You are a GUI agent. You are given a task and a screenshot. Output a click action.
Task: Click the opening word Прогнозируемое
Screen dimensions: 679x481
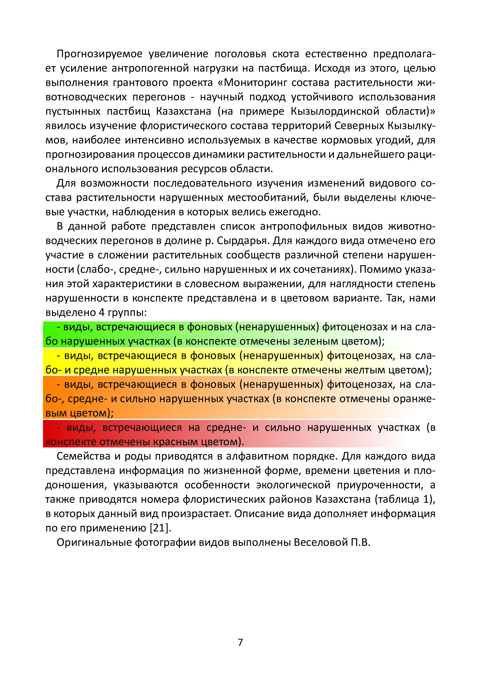click(99, 54)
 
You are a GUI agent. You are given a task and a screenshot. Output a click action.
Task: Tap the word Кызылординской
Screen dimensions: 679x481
click(335, 111)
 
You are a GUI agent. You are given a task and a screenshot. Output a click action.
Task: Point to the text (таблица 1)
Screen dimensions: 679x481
click(405, 499)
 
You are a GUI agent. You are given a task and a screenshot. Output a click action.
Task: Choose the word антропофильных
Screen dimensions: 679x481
click(303, 226)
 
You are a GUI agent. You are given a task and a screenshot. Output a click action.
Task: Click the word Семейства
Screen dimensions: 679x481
click(83, 456)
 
